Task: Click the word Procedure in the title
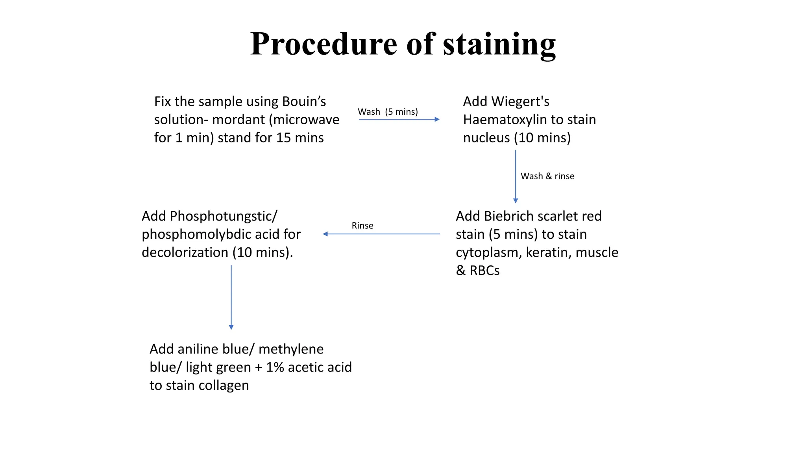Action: click(324, 44)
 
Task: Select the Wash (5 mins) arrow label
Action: click(388, 112)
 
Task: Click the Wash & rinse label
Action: click(547, 176)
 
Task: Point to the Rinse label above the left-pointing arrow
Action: click(362, 226)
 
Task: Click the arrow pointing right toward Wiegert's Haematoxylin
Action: click(399, 119)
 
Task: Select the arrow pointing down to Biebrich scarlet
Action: click(516, 176)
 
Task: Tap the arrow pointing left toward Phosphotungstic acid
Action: click(381, 234)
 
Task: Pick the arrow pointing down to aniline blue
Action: click(231, 297)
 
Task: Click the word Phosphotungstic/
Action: click(224, 216)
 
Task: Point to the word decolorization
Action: click(185, 252)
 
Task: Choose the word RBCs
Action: click(484, 271)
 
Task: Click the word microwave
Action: click(307, 120)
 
